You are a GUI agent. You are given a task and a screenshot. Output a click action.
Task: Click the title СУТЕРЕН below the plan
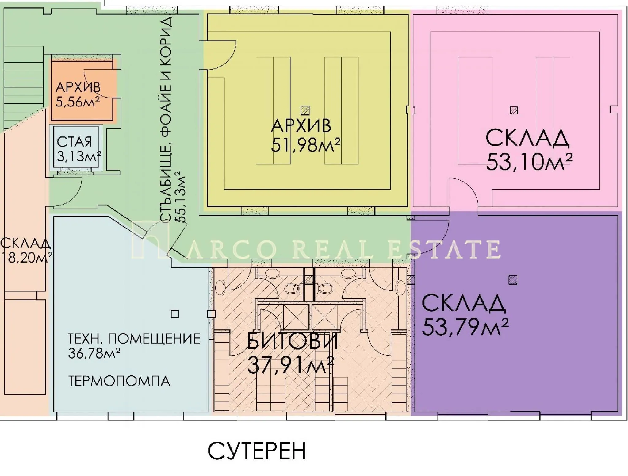pyautogui.click(x=257, y=451)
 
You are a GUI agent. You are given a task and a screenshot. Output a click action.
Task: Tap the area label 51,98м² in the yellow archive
pyautogui.click(x=305, y=145)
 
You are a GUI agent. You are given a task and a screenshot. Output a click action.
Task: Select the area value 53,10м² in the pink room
pyautogui.click(x=529, y=162)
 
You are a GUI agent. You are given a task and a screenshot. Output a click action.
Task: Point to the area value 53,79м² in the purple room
pyautogui.click(x=465, y=327)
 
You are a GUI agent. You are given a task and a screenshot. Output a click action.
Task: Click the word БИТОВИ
pyautogui.click(x=293, y=341)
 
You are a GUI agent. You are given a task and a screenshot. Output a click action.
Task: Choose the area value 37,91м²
pyautogui.click(x=290, y=365)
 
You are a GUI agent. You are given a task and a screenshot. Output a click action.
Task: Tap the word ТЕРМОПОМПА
pyautogui.click(x=119, y=381)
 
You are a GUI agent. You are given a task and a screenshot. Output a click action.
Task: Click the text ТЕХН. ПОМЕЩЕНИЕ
pyautogui.click(x=134, y=339)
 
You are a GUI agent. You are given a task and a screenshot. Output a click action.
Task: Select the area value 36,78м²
pyautogui.click(x=94, y=353)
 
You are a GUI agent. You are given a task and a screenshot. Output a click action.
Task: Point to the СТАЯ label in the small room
pyautogui.click(x=75, y=142)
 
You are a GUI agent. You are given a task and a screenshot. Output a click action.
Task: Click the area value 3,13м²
pyautogui.click(x=79, y=156)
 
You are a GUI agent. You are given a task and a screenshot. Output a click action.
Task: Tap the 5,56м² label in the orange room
pyautogui.click(x=78, y=102)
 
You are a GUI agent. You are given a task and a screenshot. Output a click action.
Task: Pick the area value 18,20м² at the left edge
pyautogui.click(x=26, y=258)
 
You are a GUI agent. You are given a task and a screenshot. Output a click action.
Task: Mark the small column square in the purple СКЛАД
pyautogui.click(x=513, y=280)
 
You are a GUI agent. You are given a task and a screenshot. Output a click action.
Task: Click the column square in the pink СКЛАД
pyautogui.click(x=514, y=110)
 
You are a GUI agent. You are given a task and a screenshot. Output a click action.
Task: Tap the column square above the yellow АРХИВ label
pyautogui.click(x=305, y=110)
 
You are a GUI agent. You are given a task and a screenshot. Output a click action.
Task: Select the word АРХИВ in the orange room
pyautogui.click(x=78, y=88)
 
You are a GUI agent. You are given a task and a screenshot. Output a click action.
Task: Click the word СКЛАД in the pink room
pyautogui.click(x=527, y=139)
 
